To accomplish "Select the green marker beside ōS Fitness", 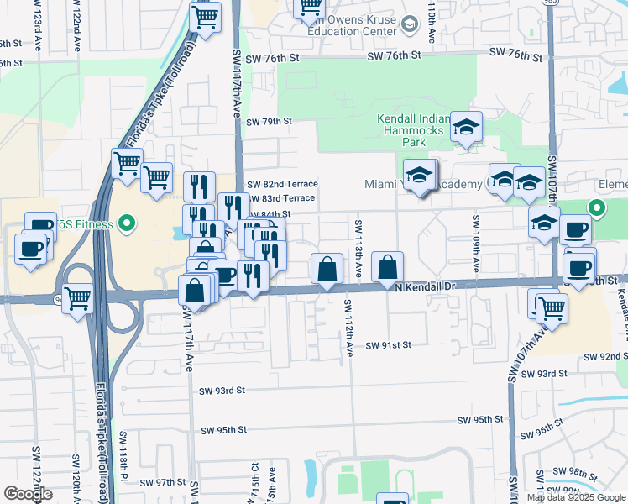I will [x=126, y=223].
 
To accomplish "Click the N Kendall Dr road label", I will [x=424, y=286].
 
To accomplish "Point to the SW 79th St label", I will [x=269, y=121].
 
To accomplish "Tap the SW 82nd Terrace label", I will [x=282, y=184].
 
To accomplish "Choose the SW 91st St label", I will [x=389, y=345].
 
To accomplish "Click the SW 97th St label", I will [x=162, y=482].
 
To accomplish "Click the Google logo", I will [x=28, y=494].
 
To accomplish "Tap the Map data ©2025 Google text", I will [x=575, y=497].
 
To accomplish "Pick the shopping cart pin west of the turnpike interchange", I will [x=77, y=297].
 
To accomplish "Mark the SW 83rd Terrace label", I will [x=282, y=198].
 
